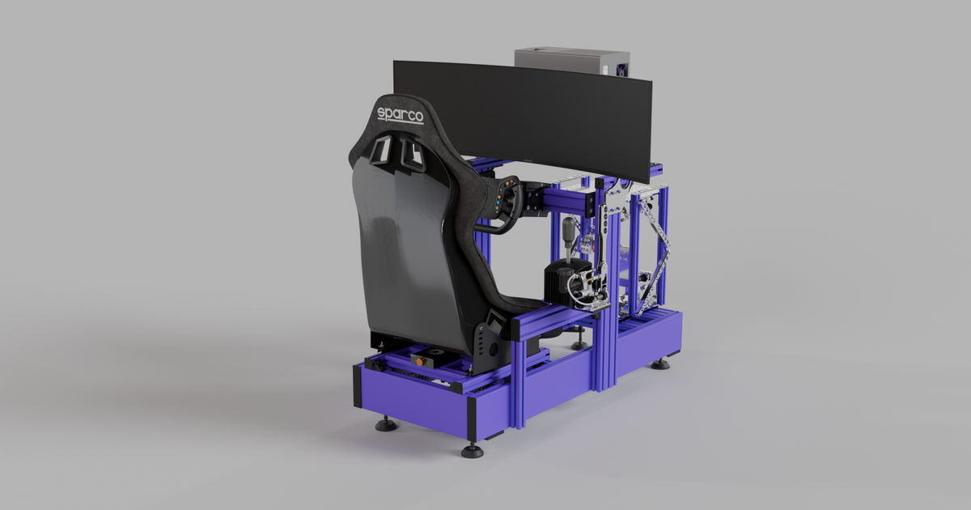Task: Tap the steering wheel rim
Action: click(x=495, y=227)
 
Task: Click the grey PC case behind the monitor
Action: click(x=571, y=62)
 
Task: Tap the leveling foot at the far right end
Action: click(x=661, y=363)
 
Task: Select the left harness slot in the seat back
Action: click(x=379, y=151)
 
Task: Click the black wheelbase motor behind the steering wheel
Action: click(x=534, y=198)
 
